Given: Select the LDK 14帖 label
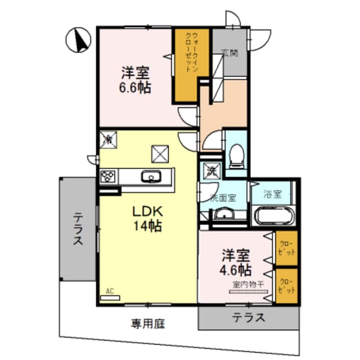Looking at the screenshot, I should tap(147, 219).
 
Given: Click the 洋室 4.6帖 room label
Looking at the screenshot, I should tap(236, 262).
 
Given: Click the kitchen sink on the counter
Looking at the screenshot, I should tap(150, 178).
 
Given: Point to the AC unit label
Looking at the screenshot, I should tap(110, 291).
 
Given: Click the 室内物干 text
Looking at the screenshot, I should tap(247, 284).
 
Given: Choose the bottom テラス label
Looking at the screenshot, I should tap(249, 317).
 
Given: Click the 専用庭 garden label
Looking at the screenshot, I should tap(148, 323).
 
